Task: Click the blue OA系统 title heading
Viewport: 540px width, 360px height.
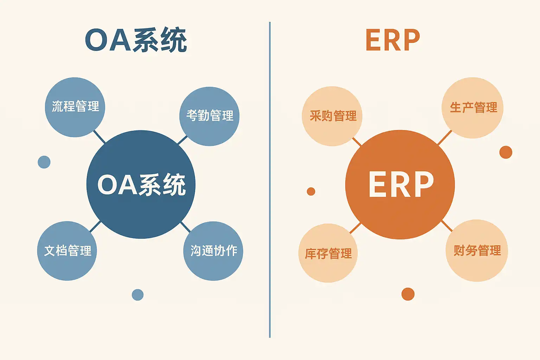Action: (136, 40)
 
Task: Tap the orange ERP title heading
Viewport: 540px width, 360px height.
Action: (393, 40)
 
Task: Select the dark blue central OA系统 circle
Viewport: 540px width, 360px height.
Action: (141, 185)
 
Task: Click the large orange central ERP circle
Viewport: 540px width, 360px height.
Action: (400, 185)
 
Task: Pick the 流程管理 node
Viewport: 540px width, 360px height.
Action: (75, 107)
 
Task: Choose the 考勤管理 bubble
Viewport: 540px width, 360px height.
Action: (210, 116)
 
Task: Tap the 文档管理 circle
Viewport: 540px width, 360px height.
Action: (67, 251)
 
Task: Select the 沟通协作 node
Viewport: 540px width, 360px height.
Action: (213, 251)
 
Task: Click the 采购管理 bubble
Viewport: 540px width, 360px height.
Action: (332, 116)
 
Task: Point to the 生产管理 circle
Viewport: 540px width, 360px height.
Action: (473, 108)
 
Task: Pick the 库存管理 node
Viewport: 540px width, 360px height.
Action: (328, 253)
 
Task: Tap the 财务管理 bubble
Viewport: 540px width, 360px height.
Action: (477, 251)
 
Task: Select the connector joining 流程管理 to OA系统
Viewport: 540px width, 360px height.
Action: (99, 137)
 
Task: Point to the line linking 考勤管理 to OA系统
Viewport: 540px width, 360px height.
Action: (182, 140)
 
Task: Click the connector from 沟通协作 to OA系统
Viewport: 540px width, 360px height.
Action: (185, 227)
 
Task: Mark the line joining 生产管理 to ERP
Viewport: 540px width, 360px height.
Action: (445, 137)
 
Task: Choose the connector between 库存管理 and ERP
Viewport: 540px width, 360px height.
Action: (355, 228)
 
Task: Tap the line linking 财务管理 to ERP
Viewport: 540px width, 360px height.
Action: (446, 226)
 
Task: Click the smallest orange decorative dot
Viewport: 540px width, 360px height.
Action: (311, 191)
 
